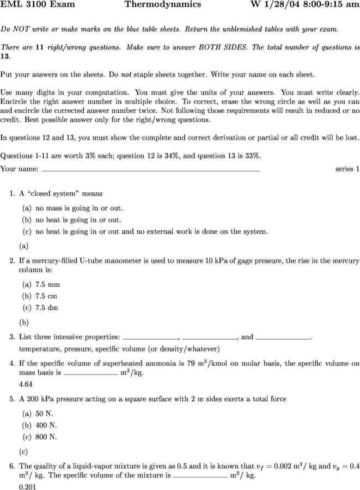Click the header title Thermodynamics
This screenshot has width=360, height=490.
(162, 5)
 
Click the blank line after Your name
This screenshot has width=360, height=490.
(150, 169)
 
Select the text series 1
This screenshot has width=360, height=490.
(347, 169)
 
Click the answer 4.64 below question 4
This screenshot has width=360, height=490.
(26, 384)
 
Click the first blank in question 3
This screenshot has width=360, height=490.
(151, 337)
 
